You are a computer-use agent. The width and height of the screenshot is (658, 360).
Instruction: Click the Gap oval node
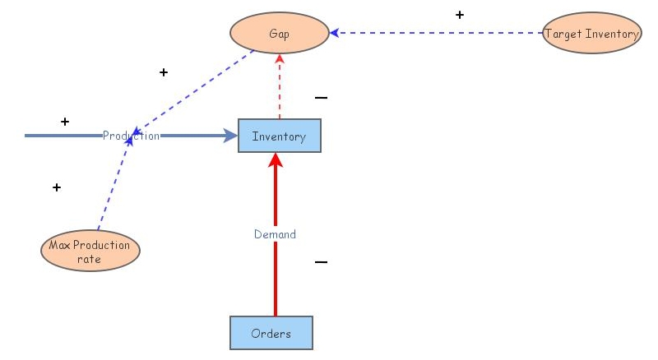pyautogui.click(x=279, y=34)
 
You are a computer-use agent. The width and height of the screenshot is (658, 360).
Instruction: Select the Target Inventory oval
pyautogui.click(x=591, y=34)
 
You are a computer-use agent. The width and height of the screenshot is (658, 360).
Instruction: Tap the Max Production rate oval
pyautogui.click(x=90, y=251)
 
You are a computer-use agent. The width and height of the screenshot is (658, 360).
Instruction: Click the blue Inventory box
pyautogui.click(x=279, y=136)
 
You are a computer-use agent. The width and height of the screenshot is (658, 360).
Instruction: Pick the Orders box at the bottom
pyautogui.click(x=271, y=333)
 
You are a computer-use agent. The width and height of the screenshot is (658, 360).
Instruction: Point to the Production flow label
pyautogui.click(x=131, y=136)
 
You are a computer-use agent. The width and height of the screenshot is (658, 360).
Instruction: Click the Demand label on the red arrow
pyautogui.click(x=275, y=234)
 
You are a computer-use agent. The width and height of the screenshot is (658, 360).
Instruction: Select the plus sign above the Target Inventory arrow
pyautogui.click(x=459, y=15)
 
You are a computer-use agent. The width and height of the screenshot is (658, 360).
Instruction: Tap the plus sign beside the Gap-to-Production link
pyautogui.click(x=163, y=72)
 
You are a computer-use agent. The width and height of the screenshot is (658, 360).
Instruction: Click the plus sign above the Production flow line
pyautogui.click(x=64, y=122)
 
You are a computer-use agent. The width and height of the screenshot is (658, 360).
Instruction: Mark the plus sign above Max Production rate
pyautogui.click(x=56, y=187)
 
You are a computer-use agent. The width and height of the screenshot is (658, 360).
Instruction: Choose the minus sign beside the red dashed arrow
pyautogui.click(x=321, y=98)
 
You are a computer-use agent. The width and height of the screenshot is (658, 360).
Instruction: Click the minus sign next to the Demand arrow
pyautogui.click(x=321, y=262)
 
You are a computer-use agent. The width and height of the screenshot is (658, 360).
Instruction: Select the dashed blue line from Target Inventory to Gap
pyautogui.click(x=436, y=33)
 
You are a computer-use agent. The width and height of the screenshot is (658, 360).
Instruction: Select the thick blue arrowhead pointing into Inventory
pyautogui.click(x=229, y=136)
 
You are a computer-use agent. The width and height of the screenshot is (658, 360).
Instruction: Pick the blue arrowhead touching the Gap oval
pyautogui.click(x=335, y=33)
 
